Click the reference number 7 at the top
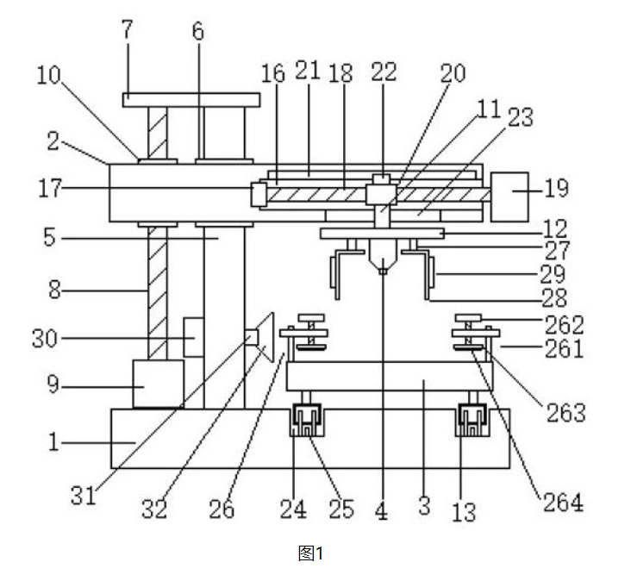point(128,29)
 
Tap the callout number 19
point(557,188)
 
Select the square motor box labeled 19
point(509,197)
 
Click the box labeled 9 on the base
point(158,384)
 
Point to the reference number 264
point(563,503)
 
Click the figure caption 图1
point(310,553)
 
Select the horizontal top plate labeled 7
point(191,100)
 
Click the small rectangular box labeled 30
point(194,337)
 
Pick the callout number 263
point(565,413)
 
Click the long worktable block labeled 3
point(390,376)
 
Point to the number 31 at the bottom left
point(84,496)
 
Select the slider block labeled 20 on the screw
point(381,194)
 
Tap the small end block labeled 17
point(259,194)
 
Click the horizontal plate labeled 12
point(382,234)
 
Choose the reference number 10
point(48,75)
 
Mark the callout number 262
point(565,325)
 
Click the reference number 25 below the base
point(341,509)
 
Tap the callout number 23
point(521,117)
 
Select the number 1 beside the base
point(53,441)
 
